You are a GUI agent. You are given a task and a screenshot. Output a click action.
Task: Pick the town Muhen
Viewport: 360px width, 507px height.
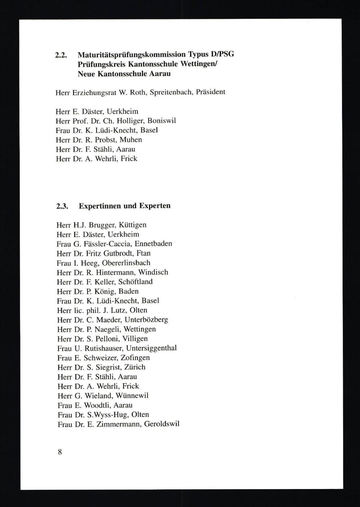tap(131, 140)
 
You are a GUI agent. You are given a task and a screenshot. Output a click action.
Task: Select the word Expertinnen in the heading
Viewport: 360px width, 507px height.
tap(100, 207)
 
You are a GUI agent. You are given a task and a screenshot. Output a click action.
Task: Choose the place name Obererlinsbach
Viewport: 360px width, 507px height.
tap(126, 263)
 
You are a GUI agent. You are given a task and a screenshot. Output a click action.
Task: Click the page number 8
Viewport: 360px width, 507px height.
tap(60, 452)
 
